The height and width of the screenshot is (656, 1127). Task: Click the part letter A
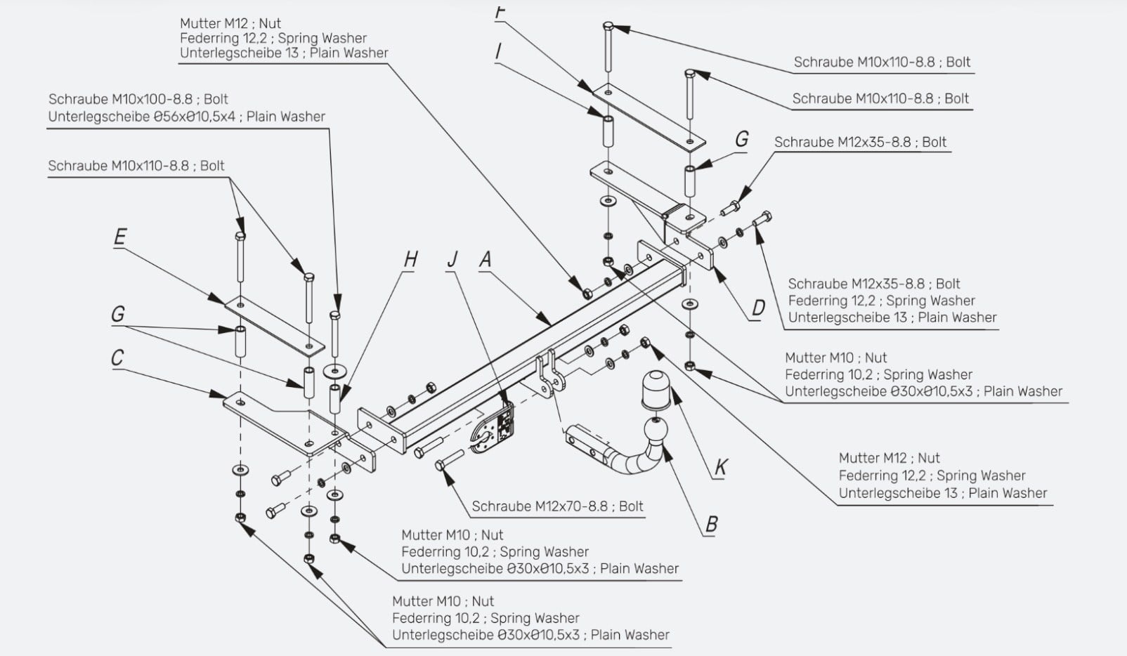pos(485,260)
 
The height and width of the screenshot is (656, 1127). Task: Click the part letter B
pos(711,525)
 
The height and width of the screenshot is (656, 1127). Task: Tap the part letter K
pos(720,467)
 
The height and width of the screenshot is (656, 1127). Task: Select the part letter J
pos(452,260)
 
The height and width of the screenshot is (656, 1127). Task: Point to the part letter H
pos(410,260)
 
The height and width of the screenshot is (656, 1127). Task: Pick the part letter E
pos(119,237)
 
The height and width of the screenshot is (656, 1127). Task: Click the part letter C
pos(117,357)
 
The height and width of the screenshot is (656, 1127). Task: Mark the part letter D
pos(757,308)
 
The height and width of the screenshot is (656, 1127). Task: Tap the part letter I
pos(498,51)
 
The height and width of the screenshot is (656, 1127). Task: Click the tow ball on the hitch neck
pos(656,431)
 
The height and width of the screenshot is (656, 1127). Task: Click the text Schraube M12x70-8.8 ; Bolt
pos(557,506)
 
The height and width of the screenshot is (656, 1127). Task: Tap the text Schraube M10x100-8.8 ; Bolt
pos(138,99)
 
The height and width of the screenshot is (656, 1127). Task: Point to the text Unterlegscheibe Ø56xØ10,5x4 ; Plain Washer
pos(187,117)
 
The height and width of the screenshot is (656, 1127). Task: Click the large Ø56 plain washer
pos(335,372)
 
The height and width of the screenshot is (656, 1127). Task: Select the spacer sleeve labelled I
pos(608,131)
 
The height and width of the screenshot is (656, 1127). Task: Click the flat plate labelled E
pos(274,326)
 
